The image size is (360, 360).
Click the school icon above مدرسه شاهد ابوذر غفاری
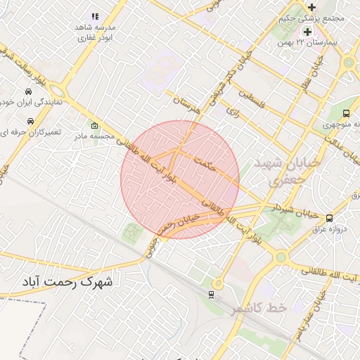(x=95, y=16)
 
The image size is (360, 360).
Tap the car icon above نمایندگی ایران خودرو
(x=27, y=91)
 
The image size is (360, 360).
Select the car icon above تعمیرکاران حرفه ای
(x=27, y=120)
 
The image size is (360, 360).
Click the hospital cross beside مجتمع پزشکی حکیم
(x=311, y=6)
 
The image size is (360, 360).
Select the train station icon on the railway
(x=212, y=295)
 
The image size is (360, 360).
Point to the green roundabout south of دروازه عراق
(x=281, y=257)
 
